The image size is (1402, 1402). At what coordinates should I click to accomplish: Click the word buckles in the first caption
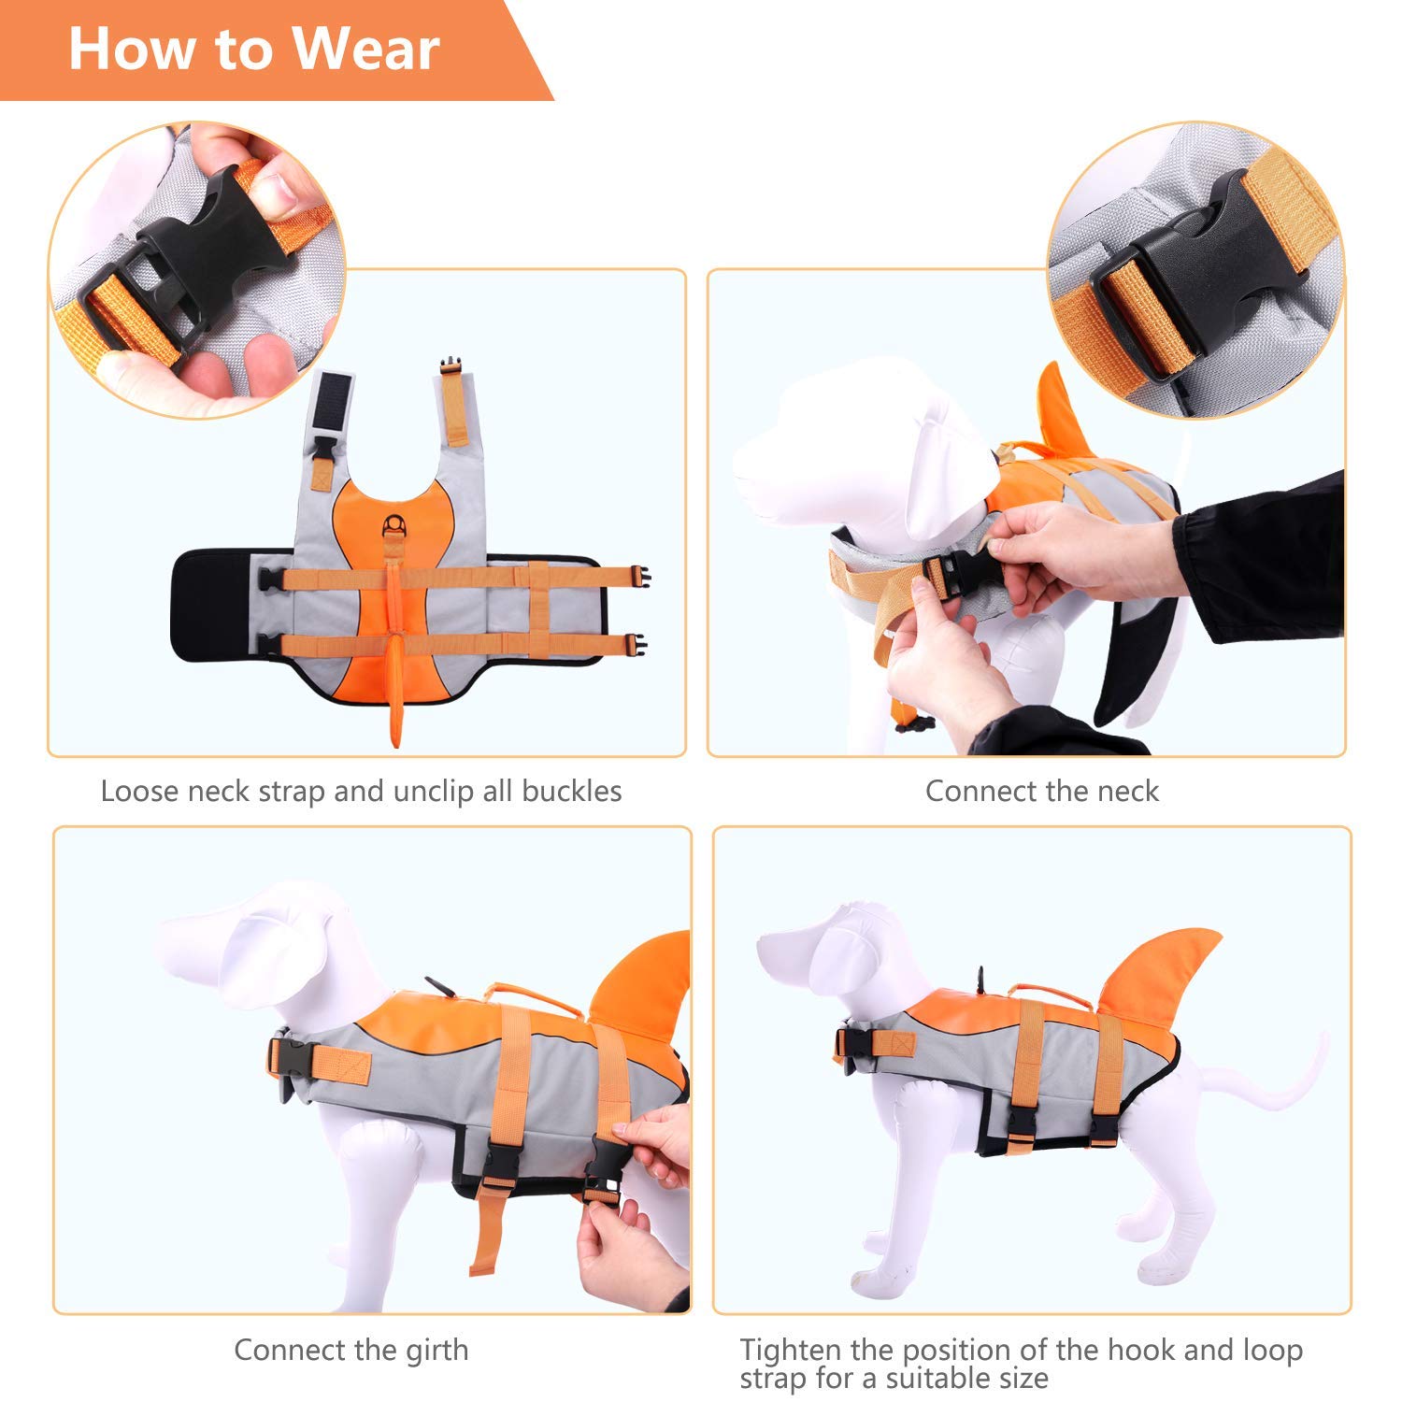(571, 791)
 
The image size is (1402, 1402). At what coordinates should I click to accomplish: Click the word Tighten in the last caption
(791, 1350)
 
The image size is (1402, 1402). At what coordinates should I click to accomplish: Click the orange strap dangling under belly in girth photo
(486, 1234)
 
